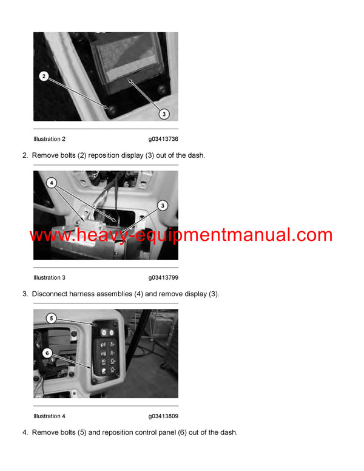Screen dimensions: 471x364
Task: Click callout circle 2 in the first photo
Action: pos(43,76)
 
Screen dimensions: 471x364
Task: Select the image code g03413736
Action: pos(163,139)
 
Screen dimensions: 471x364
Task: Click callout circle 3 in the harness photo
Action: pos(163,206)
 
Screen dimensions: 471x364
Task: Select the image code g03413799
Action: pos(163,277)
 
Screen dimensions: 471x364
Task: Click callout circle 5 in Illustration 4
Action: pos(52,318)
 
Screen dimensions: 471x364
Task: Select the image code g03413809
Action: pos(163,416)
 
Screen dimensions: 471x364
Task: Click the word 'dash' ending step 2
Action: pos(196,155)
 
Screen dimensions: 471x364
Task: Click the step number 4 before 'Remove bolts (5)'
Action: pos(25,432)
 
